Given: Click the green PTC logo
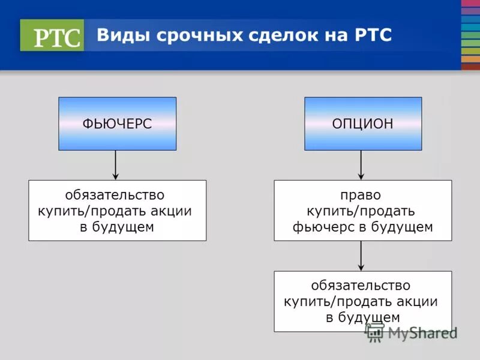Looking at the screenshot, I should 52,35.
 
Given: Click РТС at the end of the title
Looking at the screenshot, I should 372,35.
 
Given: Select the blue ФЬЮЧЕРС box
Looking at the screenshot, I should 117,124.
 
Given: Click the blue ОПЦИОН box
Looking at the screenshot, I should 362,124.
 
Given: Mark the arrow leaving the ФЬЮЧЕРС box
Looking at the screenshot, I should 116,165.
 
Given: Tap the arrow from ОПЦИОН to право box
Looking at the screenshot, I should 361,165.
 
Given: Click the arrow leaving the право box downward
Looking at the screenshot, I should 361,256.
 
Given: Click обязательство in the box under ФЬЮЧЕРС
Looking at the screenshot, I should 115,196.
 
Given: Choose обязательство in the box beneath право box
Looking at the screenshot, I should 361,286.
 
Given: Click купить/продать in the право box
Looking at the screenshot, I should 361,211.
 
